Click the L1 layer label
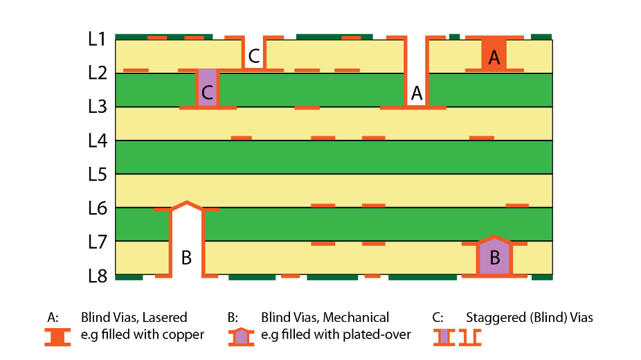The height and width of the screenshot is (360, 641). [x=97, y=39]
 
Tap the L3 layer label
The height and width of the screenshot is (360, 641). [x=97, y=107]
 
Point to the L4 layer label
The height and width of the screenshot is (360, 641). [x=97, y=141]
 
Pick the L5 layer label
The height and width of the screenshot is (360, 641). [x=97, y=174]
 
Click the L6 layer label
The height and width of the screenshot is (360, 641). [x=97, y=208]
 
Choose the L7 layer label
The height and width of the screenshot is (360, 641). [x=97, y=242]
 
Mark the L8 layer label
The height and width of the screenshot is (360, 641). [x=97, y=276]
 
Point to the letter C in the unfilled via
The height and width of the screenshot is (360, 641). [x=254, y=55]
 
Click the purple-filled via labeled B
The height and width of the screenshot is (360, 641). [x=494, y=258]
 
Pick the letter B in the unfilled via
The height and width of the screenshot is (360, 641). [x=186, y=258]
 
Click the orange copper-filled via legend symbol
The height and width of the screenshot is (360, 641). [x=57, y=336]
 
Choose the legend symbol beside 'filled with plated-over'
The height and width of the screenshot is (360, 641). [x=240, y=336]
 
